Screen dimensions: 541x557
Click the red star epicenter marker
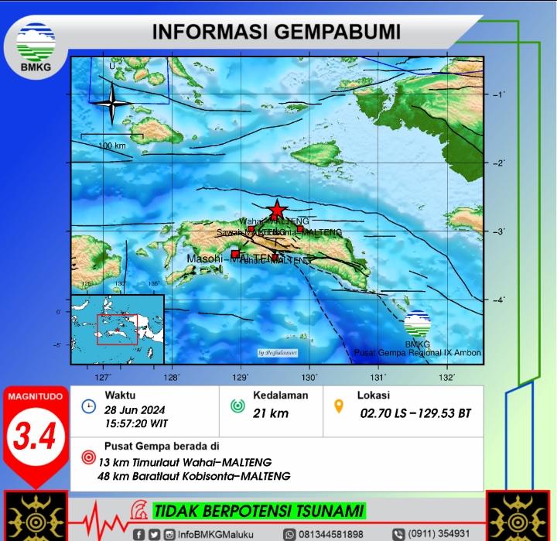tap(276, 210)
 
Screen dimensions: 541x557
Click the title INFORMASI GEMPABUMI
tap(275, 33)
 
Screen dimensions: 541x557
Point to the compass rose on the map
tap(112, 103)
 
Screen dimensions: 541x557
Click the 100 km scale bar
tap(112, 137)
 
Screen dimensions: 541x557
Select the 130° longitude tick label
tap(309, 378)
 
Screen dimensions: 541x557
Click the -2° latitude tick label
tap(498, 163)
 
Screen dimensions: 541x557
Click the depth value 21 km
tap(271, 413)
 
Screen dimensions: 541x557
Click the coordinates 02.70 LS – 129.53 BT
tap(415, 413)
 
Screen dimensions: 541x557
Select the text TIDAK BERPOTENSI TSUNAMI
tap(258, 511)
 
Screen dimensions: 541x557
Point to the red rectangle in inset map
tap(117, 329)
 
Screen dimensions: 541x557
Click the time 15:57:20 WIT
tap(137, 424)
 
